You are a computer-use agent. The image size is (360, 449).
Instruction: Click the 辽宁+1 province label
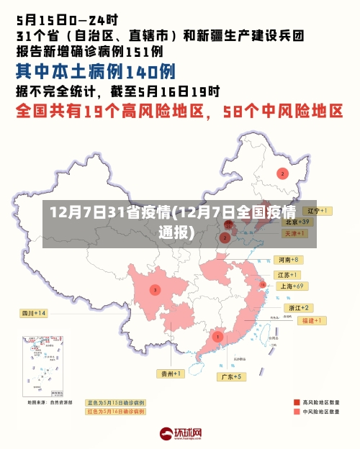(x=315, y=211)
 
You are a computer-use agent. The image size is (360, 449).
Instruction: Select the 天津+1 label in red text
(x=295, y=234)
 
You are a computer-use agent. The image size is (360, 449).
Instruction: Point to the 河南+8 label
(x=287, y=259)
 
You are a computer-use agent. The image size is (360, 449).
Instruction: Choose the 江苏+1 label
(x=287, y=275)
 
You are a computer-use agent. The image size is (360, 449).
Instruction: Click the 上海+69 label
(x=292, y=286)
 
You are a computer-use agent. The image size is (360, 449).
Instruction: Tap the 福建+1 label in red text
(x=311, y=319)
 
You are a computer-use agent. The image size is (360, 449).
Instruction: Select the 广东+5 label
(x=231, y=376)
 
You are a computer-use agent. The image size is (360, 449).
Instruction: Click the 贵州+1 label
(x=171, y=373)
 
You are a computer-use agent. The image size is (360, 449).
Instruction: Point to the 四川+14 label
(x=33, y=313)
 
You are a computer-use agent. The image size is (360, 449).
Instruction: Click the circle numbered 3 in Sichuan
(x=154, y=290)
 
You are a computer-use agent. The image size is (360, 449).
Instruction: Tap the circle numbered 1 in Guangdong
(x=217, y=336)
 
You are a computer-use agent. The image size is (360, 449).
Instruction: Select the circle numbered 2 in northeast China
(x=282, y=173)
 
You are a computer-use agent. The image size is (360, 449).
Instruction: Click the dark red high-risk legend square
(x=297, y=402)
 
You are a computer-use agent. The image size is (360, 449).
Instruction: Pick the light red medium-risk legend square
(x=297, y=412)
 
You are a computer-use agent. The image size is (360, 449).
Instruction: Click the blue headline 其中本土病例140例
(x=95, y=72)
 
